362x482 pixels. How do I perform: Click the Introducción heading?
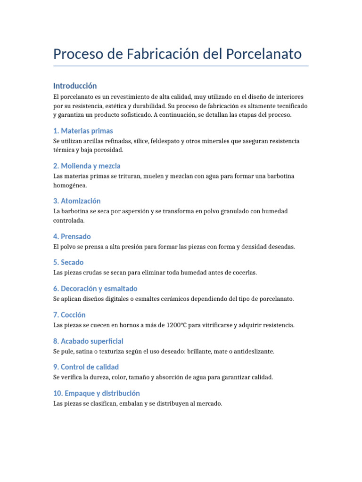(x=75, y=86)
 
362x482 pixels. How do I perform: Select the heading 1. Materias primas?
(x=83, y=131)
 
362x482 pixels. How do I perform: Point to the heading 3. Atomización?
(x=77, y=201)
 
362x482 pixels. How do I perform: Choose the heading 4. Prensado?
(x=72, y=236)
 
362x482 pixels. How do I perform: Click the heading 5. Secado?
(x=68, y=262)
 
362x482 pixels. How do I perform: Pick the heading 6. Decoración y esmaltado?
(x=95, y=289)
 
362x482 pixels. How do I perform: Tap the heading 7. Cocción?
(x=69, y=315)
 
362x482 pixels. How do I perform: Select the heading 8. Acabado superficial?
(x=88, y=341)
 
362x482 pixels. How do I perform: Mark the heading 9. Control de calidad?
(x=86, y=367)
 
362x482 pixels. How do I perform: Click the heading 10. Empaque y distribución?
(x=97, y=393)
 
